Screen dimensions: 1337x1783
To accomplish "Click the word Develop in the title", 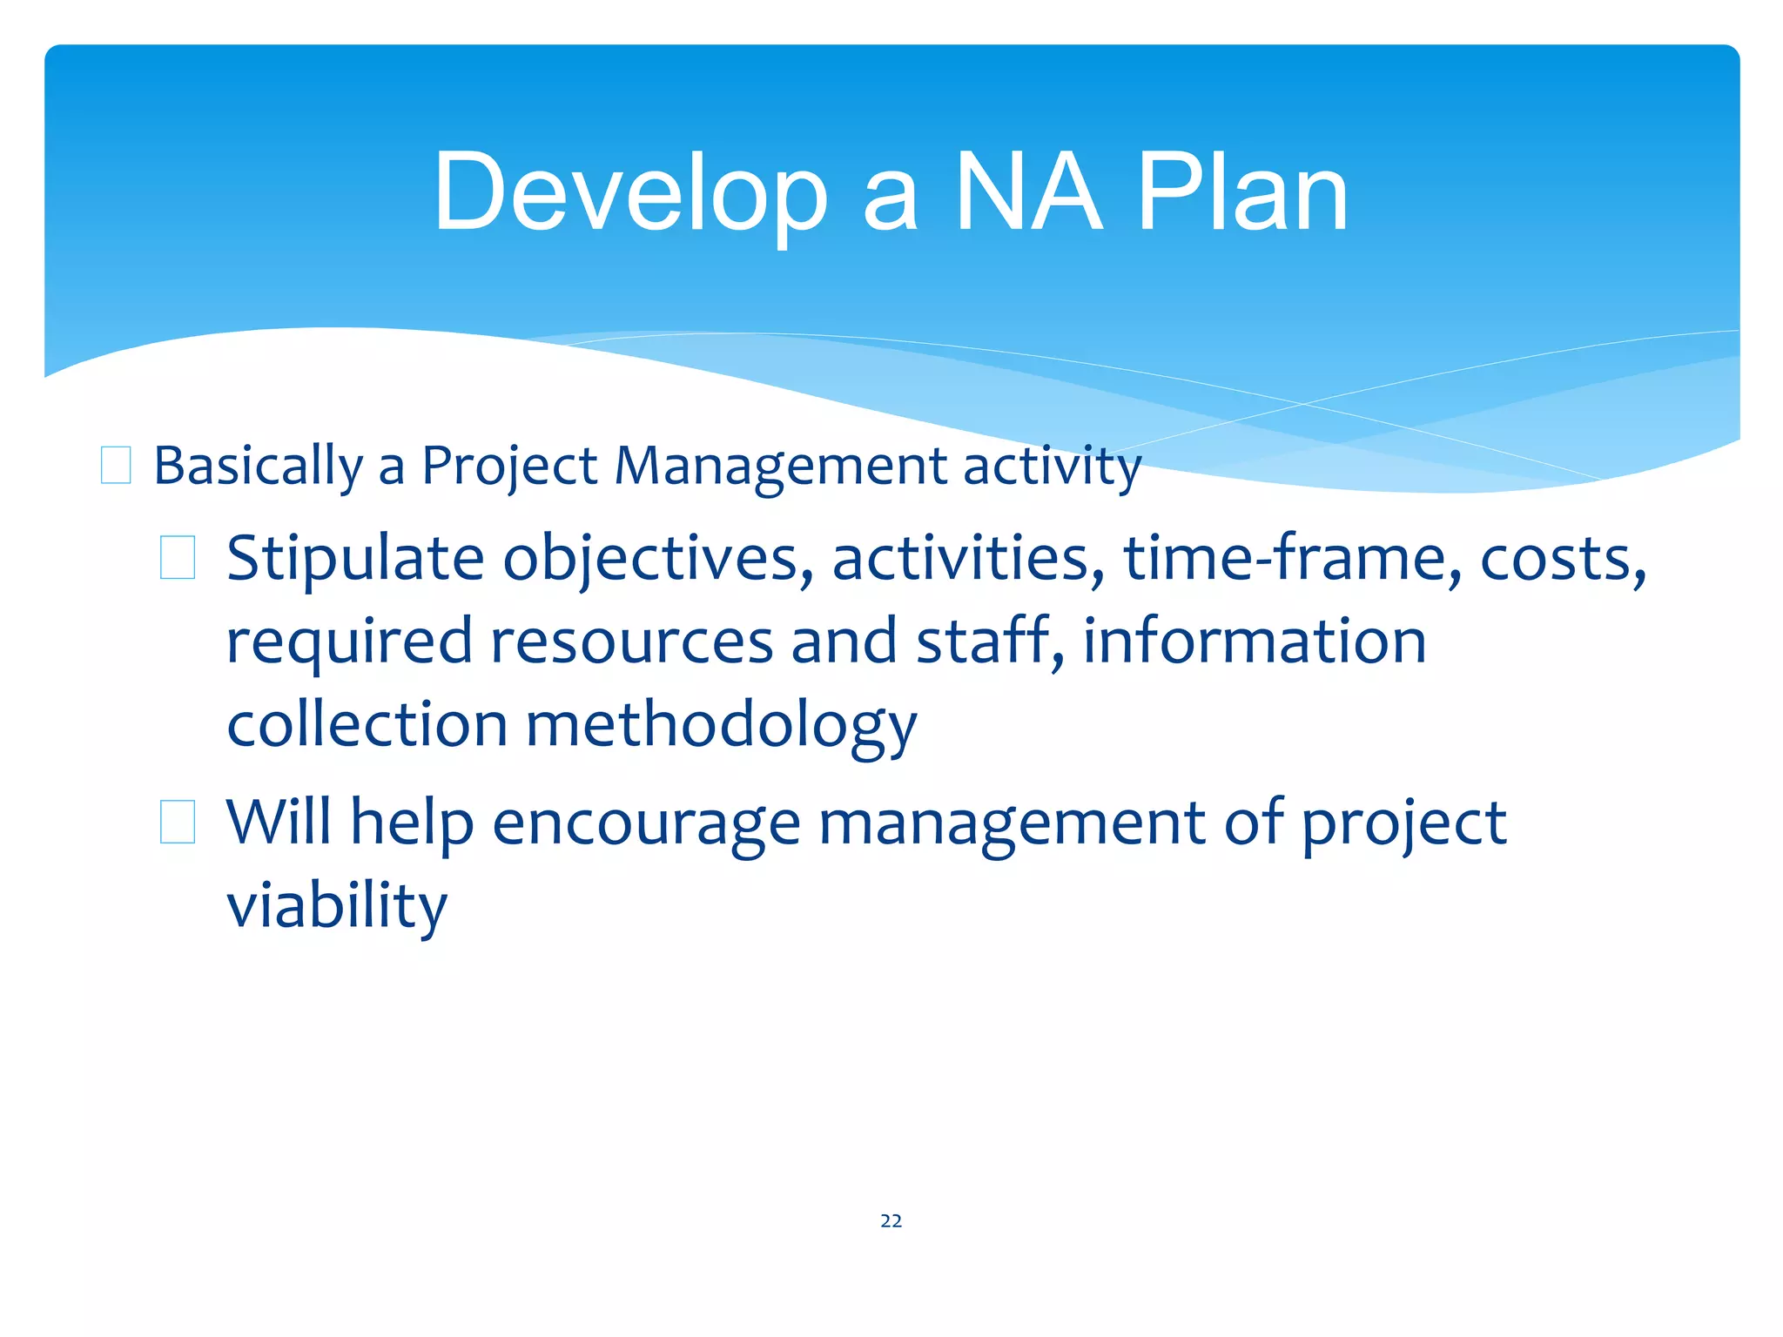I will tap(629, 193).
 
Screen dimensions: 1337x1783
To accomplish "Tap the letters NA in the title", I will tap(1028, 193).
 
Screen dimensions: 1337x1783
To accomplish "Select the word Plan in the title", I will tap(1242, 193).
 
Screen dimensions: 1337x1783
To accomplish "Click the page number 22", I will tap(891, 1221).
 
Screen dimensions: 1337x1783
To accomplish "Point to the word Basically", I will tap(258, 467).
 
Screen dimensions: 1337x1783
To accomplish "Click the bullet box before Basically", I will tap(116, 465).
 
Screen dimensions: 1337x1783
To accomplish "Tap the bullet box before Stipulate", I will tap(178, 558).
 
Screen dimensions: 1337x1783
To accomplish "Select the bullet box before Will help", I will tap(178, 823).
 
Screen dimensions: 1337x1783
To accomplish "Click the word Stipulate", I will tap(354, 559).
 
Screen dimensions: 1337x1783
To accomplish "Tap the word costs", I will tap(1563, 559).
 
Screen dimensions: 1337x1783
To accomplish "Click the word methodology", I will tap(721, 726).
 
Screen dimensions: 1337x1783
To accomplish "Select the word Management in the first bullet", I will tap(780, 467).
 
